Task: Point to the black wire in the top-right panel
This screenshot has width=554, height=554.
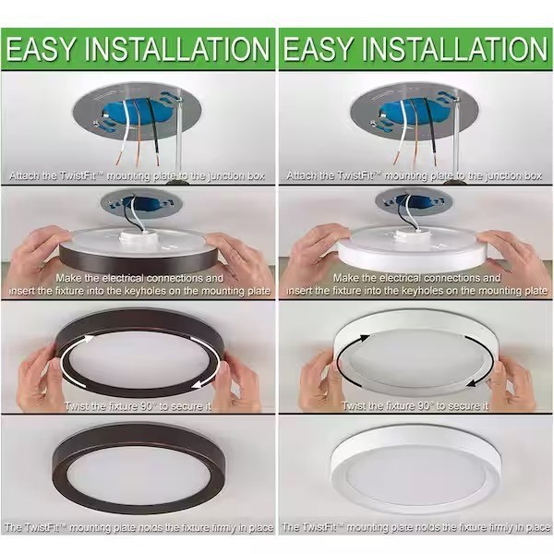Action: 432,132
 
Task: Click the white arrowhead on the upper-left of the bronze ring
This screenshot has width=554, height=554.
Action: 87,339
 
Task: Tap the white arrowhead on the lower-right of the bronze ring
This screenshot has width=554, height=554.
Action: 199,384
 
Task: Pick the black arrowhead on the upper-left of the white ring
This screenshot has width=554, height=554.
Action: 364,339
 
